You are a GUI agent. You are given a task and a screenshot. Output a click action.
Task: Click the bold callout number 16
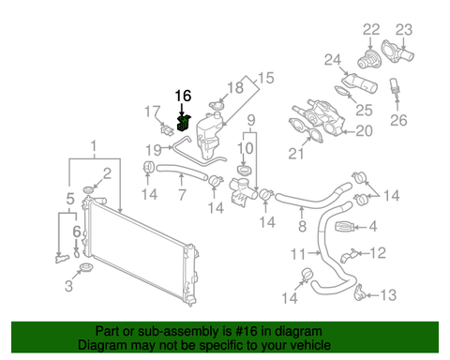(x=183, y=96)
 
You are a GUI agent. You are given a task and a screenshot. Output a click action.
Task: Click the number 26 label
(x=399, y=120)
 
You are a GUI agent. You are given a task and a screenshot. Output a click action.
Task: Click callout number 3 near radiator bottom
(x=67, y=282)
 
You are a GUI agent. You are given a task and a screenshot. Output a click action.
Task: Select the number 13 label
(x=388, y=295)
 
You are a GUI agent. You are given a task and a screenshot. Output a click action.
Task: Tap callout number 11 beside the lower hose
(x=297, y=253)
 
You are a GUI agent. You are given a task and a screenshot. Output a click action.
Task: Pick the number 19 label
(x=152, y=149)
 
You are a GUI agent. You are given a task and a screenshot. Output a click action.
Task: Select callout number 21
(x=303, y=154)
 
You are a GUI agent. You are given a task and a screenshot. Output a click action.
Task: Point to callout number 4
(x=372, y=226)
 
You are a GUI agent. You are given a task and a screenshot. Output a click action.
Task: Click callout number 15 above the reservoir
(x=263, y=78)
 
